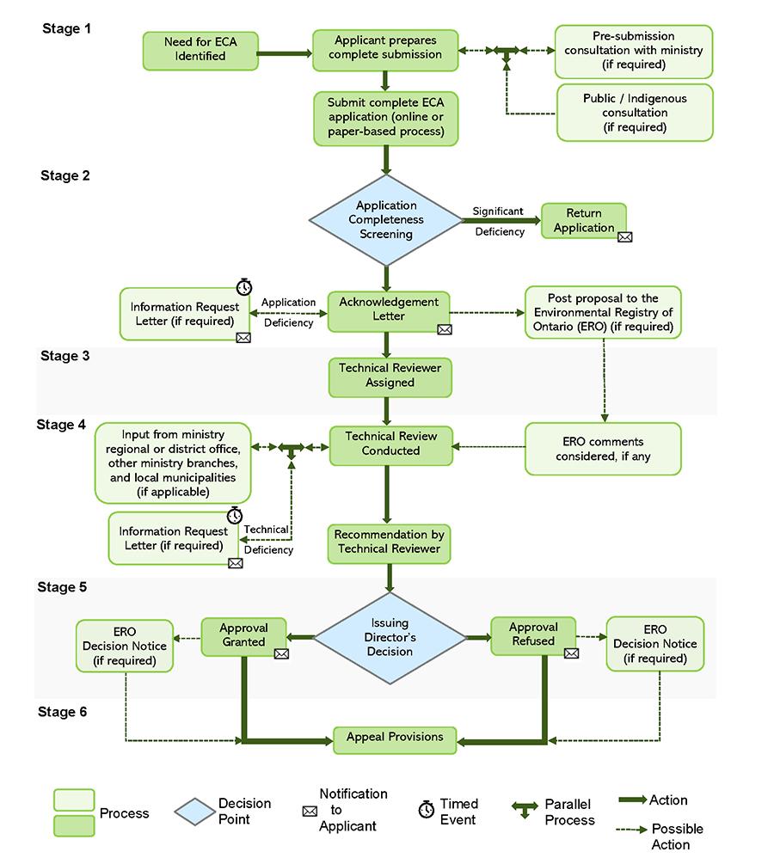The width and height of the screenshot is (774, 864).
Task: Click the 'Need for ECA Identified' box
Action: (x=200, y=51)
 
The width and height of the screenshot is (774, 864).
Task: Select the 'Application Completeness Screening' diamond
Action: (x=386, y=220)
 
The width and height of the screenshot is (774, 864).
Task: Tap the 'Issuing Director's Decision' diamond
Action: (x=390, y=638)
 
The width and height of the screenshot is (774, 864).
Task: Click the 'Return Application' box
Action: (x=584, y=220)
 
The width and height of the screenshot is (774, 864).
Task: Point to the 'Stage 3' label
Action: (x=65, y=356)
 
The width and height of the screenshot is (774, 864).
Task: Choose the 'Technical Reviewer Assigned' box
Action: (x=390, y=377)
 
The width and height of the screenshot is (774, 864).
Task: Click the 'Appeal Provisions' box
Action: (x=395, y=740)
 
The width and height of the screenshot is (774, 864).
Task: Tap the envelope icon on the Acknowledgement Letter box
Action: (x=445, y=329)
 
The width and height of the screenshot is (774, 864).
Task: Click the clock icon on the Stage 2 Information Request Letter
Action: (x=244, y=286)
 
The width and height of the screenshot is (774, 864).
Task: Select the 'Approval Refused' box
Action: (x=533, y=636)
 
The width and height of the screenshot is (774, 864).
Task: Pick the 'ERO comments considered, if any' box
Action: (x=603, y=449)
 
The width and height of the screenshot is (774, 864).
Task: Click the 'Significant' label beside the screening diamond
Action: (x=498, y=211)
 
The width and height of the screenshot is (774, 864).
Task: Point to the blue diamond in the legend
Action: (x=194, y=812)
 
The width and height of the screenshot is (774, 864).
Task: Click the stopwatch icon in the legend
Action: (x=427, y=810)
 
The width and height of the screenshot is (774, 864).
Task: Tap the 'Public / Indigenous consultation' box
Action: (x=635, y=113)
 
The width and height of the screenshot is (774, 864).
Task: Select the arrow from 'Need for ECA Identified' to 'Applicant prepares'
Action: (x=285, y=53)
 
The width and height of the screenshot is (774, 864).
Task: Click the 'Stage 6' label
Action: (x=62, y=712)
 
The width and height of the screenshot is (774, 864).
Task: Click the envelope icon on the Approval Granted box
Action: (x=281, y=653)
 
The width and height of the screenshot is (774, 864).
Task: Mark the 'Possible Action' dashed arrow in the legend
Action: (x=631, y=830)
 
